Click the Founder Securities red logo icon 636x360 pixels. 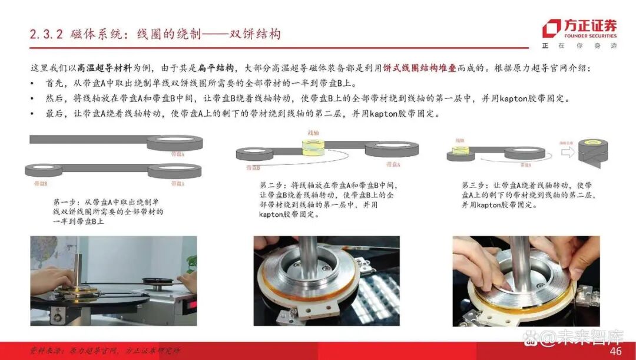[x=551, y=28]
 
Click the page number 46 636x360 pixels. [x=615, y=351]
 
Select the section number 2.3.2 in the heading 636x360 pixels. [x=46, y=34]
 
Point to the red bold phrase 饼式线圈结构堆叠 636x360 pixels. [x=419, y=68]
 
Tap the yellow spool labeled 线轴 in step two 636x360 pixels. [x=312, y=147]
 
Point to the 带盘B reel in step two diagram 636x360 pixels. [x=254, y=154]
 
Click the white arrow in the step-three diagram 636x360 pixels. [x=567, y=153]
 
